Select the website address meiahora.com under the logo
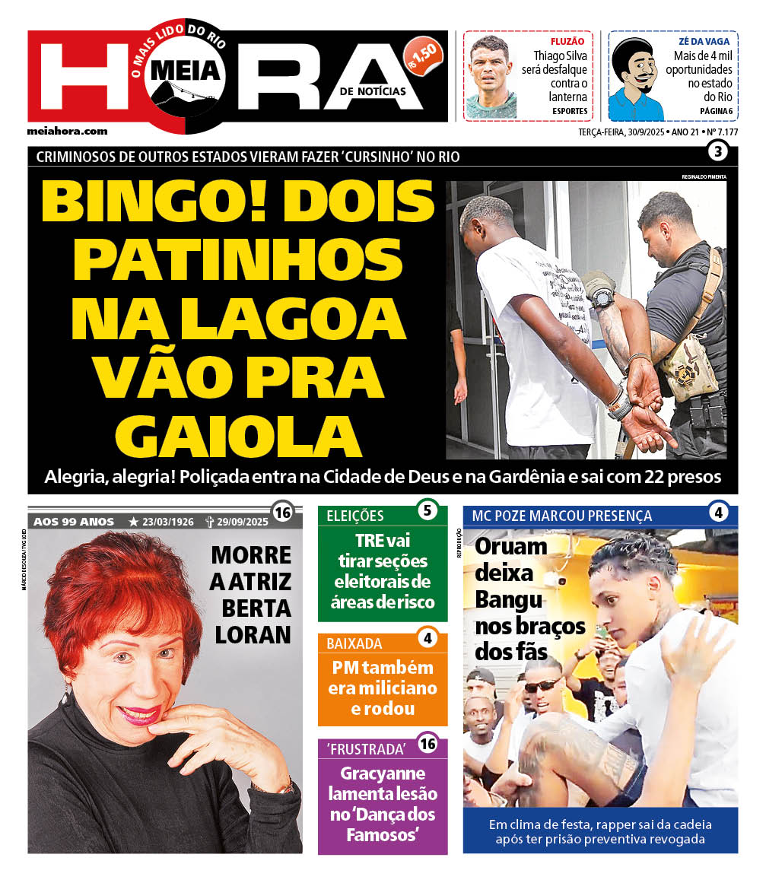click(x=67, y=131)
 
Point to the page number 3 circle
click(x=717, y=151)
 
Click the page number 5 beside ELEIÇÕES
click(x=427, y=510)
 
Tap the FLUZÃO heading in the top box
click(x=567, y=41)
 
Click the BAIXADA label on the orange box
click(x=354, y=643)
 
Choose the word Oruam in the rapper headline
click(x=510, y=546)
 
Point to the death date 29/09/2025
click(x=242, y=522)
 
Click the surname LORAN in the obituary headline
click(x=253, y=634)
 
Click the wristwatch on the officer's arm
click(x=603, y=295)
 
